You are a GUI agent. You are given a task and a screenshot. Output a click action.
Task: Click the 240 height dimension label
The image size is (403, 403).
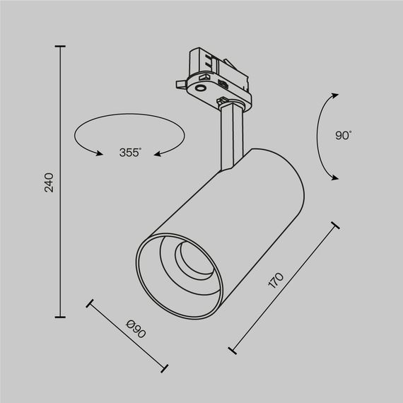point(49,182)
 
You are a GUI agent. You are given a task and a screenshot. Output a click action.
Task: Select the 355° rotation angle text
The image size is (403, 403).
point(130,152)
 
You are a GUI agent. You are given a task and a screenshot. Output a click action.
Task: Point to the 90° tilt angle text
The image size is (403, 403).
point(344,135)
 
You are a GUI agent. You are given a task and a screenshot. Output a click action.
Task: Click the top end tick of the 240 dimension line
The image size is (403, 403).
point(60,47)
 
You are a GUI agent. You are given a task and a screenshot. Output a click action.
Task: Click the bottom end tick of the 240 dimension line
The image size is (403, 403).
point(60,317)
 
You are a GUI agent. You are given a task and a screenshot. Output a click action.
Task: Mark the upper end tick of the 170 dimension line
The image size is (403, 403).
point(334,226)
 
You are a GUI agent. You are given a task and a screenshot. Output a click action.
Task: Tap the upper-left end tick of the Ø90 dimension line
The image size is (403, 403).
point(89,305)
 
